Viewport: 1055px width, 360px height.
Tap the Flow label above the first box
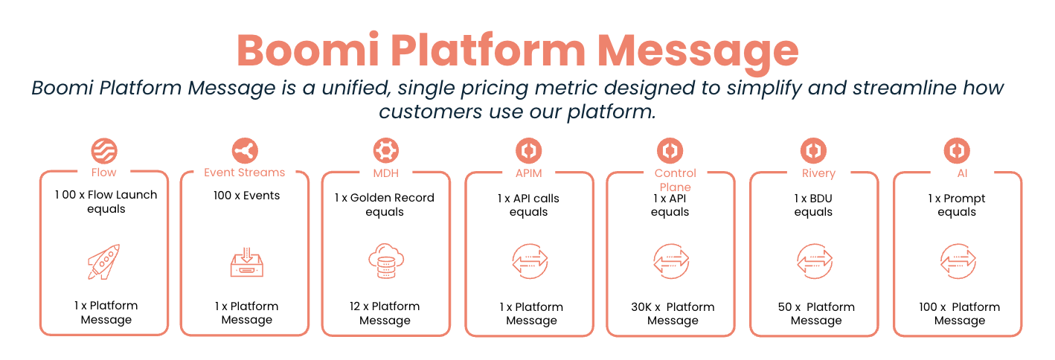pos(104,173)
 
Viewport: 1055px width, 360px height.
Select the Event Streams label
pos(245,173)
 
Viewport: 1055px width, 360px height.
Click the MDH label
pos(386,173)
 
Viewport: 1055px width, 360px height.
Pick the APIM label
pos(529,173)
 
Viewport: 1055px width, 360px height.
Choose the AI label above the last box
pos(957,173)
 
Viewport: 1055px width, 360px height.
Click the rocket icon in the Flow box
pos(103,263)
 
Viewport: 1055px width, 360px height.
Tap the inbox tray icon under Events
pos(246,263)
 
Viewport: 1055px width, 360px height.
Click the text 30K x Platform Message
pos(673,313)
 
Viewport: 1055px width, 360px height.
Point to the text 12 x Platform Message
pos(385,313)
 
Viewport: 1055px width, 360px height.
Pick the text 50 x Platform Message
pos(816,313)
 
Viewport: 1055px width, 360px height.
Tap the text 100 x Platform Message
pos(960,313)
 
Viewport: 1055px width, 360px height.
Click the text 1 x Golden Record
pos(385,198)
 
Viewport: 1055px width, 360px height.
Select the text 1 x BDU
pos(813,199)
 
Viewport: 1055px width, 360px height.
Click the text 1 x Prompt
pos(957,199)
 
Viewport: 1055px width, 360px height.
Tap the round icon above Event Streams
pos(245,151)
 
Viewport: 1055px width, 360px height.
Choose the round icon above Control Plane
pos(670,151)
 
